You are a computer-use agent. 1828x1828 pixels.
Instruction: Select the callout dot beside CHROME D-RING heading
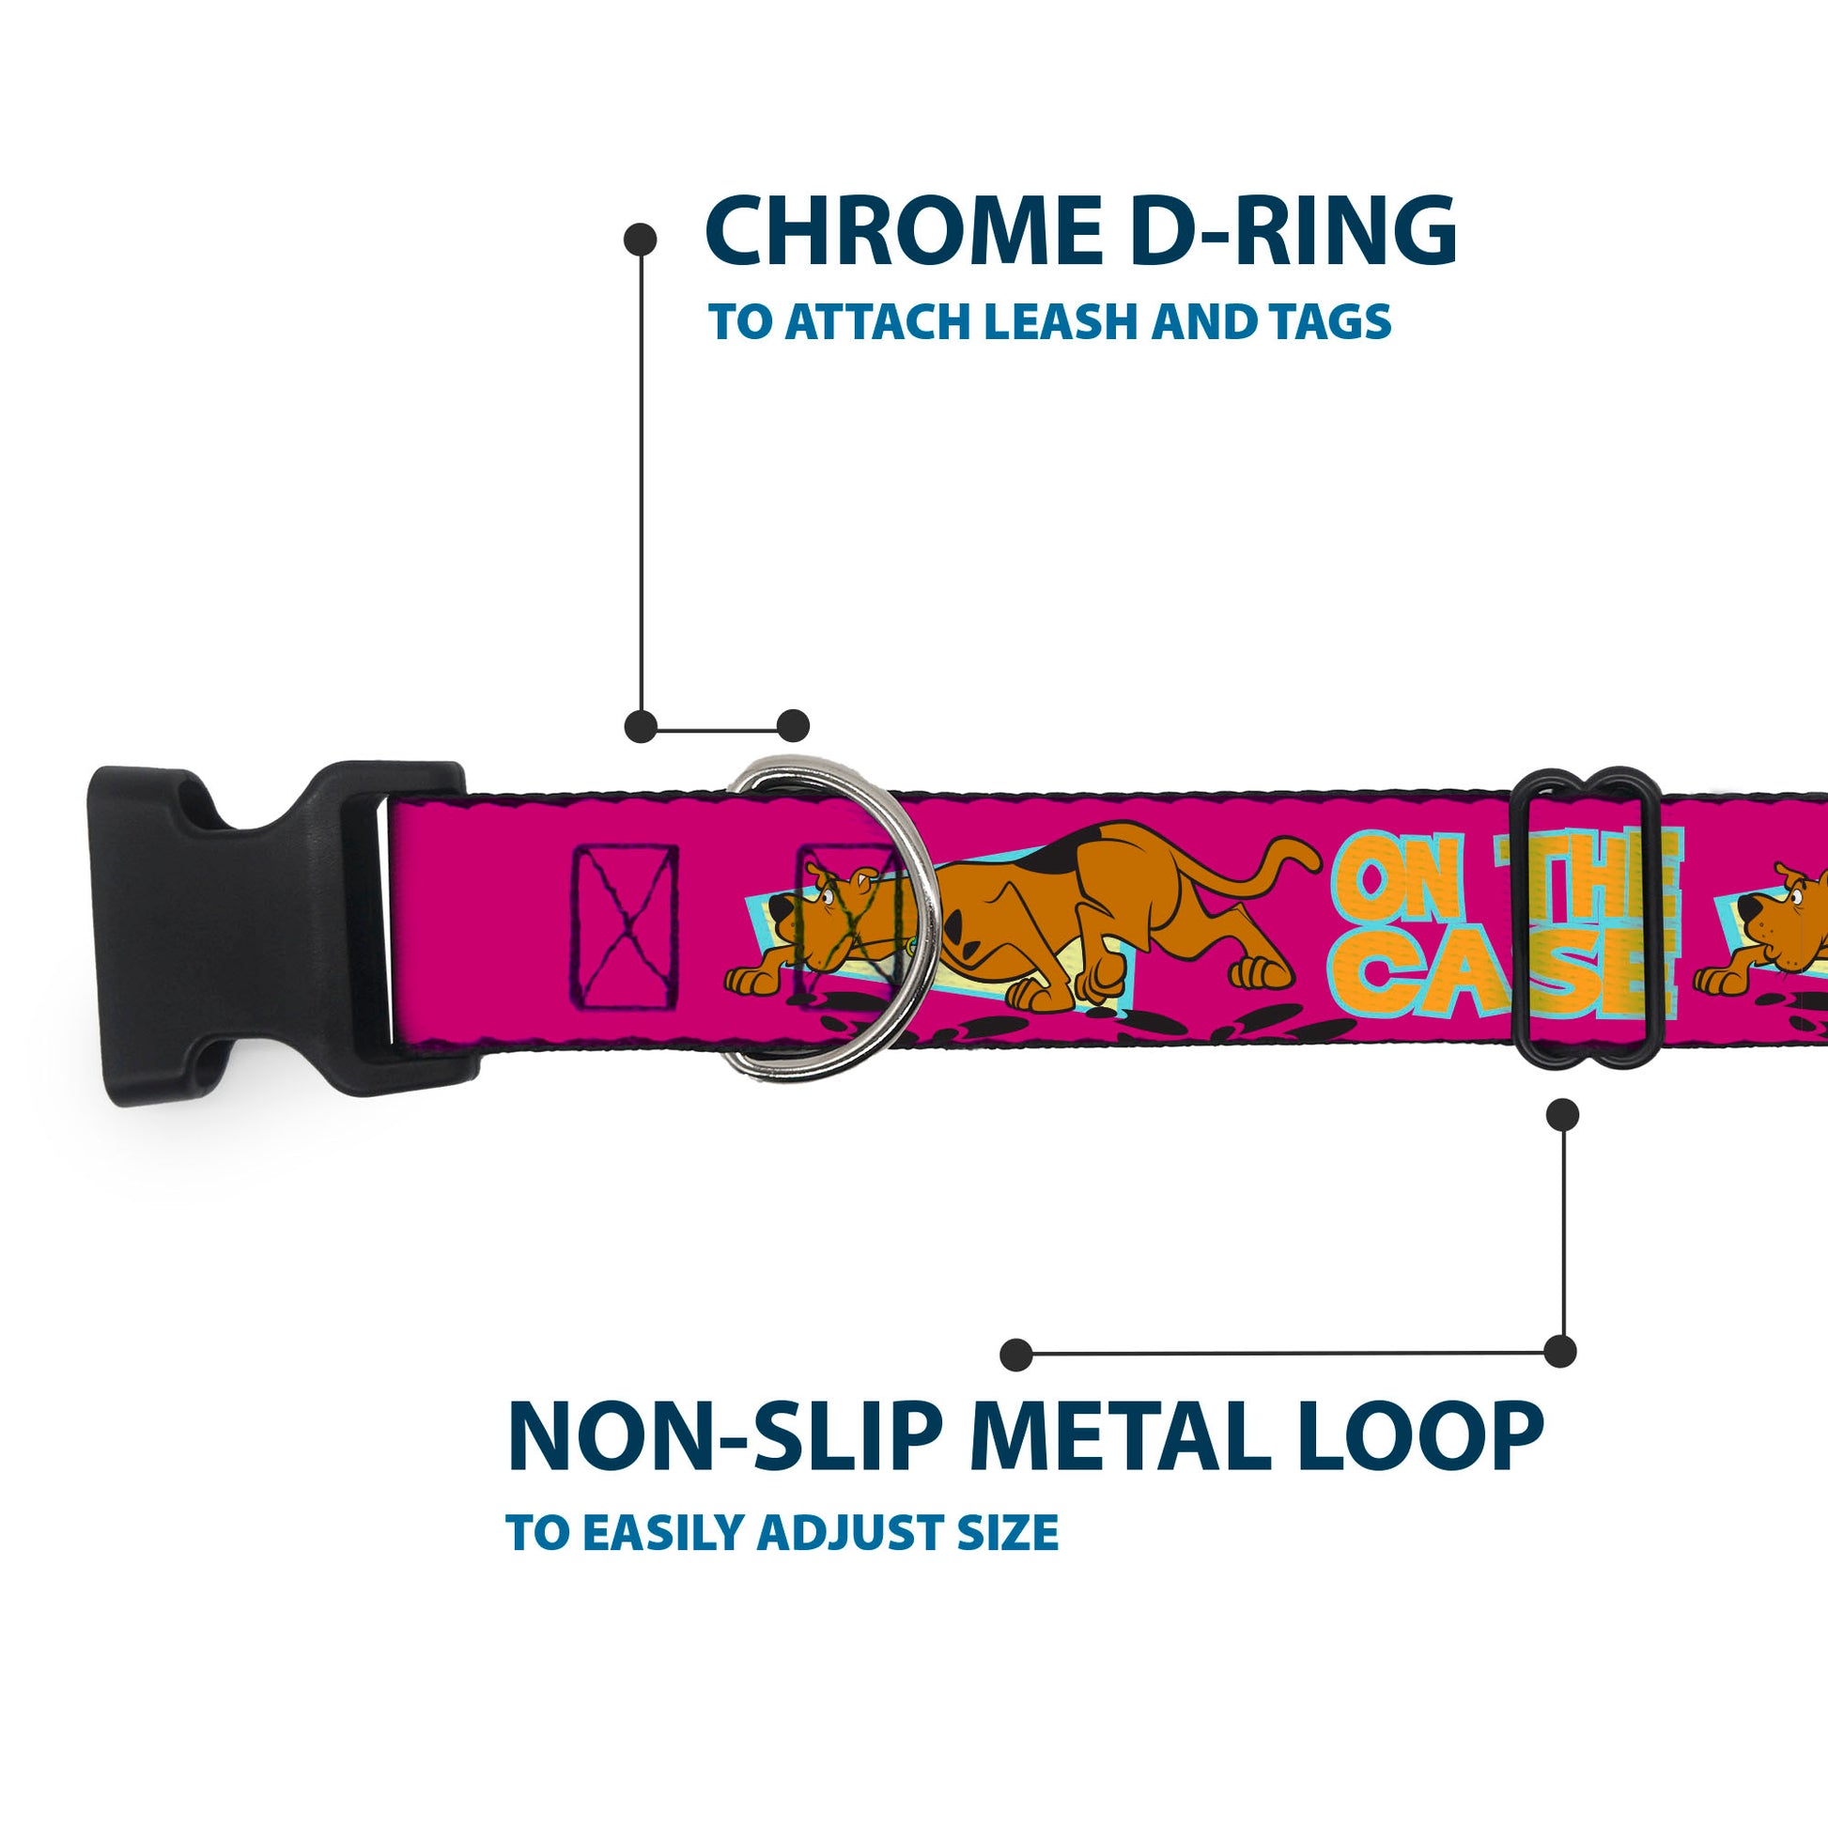641,240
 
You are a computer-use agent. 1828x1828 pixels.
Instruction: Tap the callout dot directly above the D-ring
793,727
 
